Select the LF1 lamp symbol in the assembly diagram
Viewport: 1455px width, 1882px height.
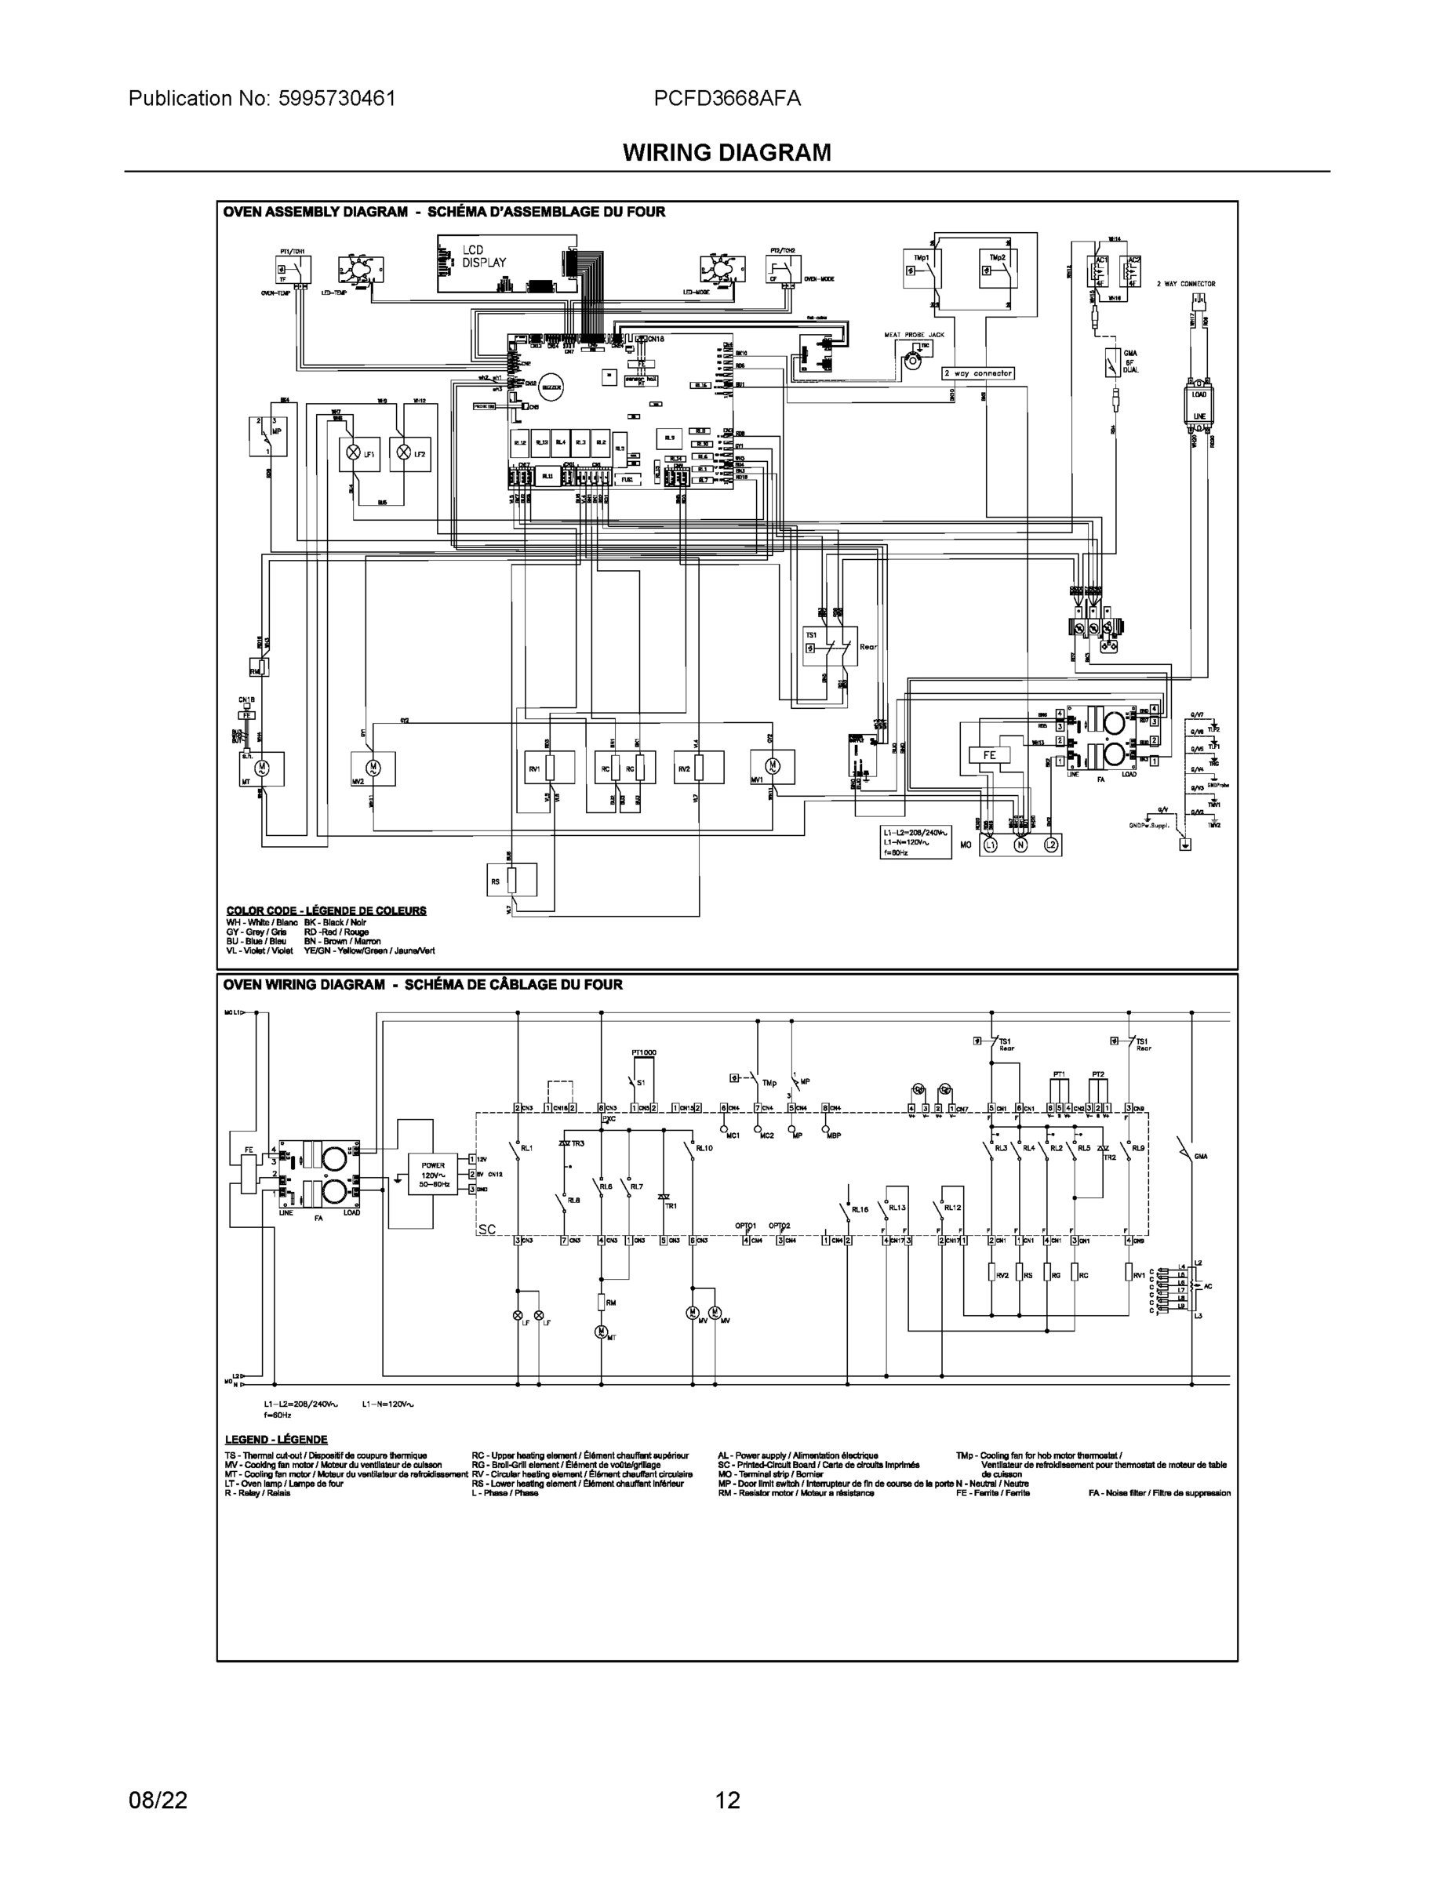tap(351, 452)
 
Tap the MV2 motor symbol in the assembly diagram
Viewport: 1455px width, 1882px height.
tap(373, 766)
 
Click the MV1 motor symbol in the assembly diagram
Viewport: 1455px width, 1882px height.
tap(772, 766)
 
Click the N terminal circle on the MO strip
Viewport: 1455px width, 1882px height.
tap(1020, 845)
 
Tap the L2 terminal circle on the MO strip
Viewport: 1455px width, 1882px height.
tap(1051, 845)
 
